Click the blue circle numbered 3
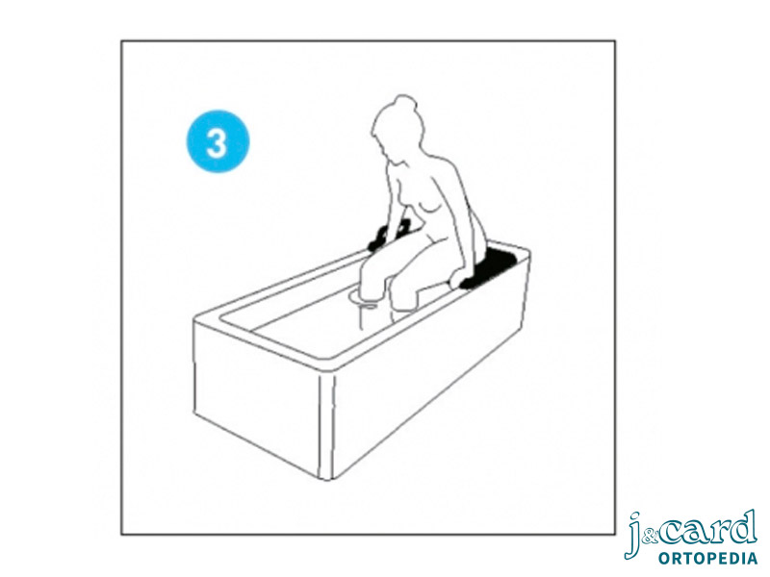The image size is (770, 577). click(218, 141)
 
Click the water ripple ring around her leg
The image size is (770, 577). click(365, 298)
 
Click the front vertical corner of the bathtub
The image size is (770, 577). click(326, 426)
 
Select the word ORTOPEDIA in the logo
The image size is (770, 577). click(707, 558)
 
